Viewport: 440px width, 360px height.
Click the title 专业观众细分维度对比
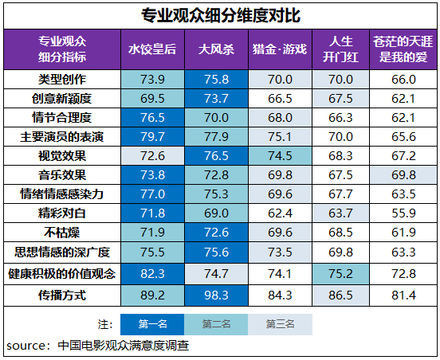(x=221, y=15)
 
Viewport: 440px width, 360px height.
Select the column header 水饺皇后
(x=152, y=49)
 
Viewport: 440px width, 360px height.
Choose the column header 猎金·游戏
(x=279, y=49)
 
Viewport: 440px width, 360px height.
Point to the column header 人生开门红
(x=340, y=49)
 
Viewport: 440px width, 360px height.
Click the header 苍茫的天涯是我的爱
(x=403, y=49)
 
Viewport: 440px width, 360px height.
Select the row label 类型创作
(x=62, y=80)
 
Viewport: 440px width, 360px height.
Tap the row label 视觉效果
(x=62, y=154)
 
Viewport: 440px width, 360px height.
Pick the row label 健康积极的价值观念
(x=62, y=273)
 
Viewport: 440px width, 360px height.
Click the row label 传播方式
(x=62, y=295)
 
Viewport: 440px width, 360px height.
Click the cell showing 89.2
(x=152, y=295)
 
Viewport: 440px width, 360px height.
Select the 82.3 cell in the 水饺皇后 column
(x=152, y=273)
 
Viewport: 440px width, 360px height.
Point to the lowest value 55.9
(x=403, y=213)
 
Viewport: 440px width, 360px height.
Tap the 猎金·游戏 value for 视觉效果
(x=279, y=154)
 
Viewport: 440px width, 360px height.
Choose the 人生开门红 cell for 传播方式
(x=340, y=295)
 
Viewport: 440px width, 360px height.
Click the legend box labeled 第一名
(x=152, y=324)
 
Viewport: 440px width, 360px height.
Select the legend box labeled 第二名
(x=215, y=324)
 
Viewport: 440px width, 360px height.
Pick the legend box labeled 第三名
(x=279, y=324)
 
